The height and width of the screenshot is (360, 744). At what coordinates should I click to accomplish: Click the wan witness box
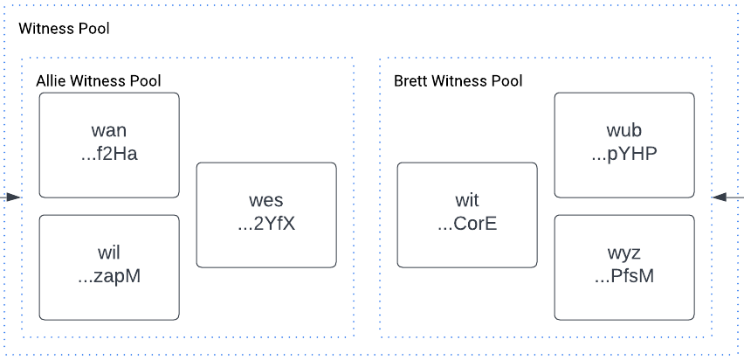(x=109, y=144)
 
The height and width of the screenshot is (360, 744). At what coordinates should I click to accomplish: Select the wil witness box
(x=109, y=267)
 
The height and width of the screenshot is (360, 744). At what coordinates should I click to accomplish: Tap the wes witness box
(x=266, y=214)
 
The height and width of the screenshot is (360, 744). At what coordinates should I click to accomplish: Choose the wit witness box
(x=467, y=214)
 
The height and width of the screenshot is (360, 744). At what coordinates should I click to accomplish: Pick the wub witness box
(x=624, y=144)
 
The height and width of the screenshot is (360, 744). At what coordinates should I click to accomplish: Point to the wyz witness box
(x=624, y=267)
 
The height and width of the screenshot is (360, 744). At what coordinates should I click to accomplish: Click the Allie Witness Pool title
(x=98, y=81)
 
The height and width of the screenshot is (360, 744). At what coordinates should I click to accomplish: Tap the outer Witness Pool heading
(x=64, y=29)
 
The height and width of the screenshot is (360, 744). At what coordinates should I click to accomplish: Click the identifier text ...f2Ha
(x=109, y=155)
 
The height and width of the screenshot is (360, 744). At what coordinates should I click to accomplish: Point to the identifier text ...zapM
(x=109, y=277)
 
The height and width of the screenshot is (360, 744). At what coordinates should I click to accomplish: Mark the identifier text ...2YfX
(x=266, y=225)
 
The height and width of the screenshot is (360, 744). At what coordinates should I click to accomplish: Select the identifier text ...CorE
(x=467, y=225)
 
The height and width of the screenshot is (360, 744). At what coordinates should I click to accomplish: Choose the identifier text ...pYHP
(x=624, y=155)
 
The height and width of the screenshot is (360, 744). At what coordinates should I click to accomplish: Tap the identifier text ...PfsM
(x=624, y=277)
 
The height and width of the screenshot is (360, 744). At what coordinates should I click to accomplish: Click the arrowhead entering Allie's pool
(x=14, y=197)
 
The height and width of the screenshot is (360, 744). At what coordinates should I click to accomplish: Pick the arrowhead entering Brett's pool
(x=719, y=197)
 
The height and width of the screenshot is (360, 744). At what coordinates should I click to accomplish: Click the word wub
(x=624, y=132)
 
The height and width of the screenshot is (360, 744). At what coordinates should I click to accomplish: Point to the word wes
(x=266, y=202)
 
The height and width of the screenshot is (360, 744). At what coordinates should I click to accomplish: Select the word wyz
(x=624, y=254)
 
